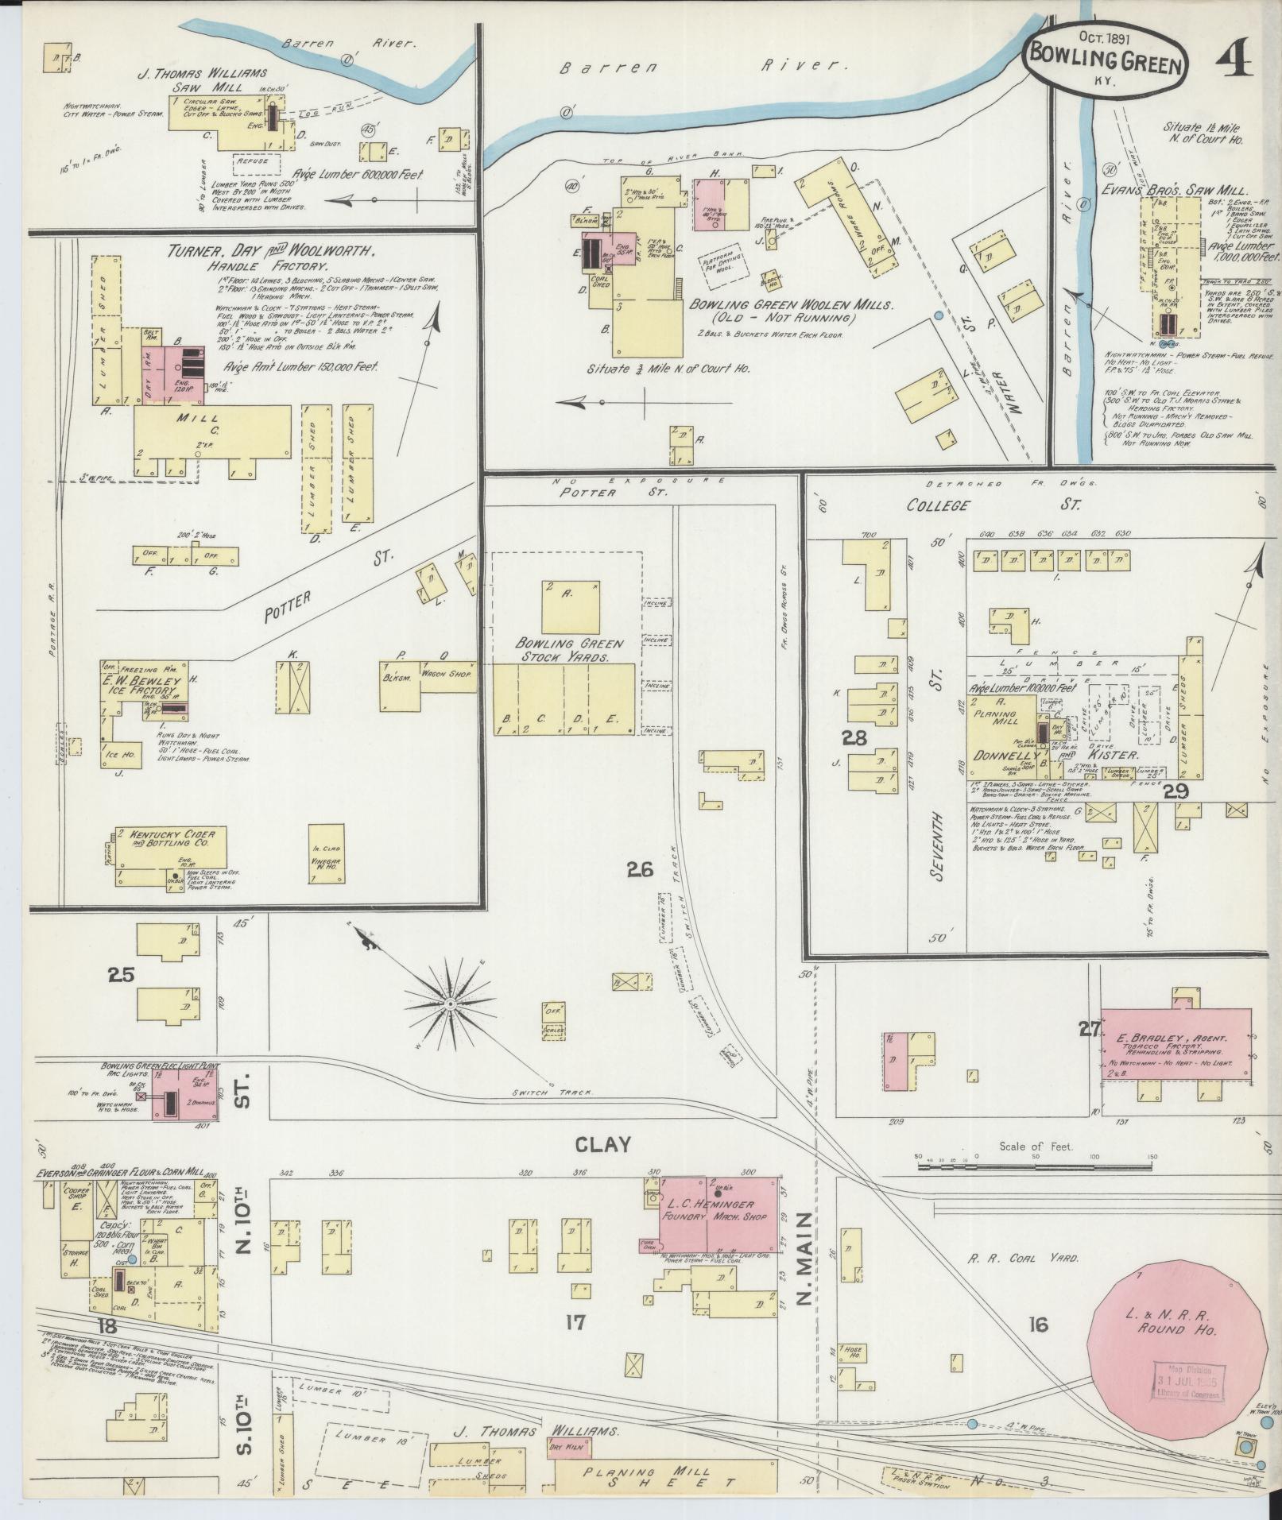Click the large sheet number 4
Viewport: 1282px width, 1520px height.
(1233, 60)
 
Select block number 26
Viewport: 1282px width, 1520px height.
(640, 870)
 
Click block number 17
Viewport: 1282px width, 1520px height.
(575, 1323)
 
